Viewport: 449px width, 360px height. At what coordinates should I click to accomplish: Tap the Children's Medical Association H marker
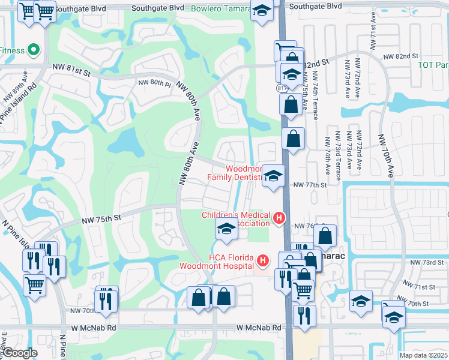pyautogui.click(x=279, y=218)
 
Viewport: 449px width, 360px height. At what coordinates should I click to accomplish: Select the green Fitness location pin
pyautogui.click(x=34, y=50)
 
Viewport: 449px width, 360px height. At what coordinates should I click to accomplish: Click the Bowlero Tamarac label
pyautogui.click(x=221, y=8)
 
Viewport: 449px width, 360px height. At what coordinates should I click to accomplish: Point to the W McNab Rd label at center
pyautogui.click(x=259, y=328)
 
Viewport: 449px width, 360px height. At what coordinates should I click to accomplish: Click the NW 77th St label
pyautogui.click(x=309, y=185)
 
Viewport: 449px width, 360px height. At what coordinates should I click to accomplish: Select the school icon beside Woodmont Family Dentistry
pyautogui.click(x=273, y=176)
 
